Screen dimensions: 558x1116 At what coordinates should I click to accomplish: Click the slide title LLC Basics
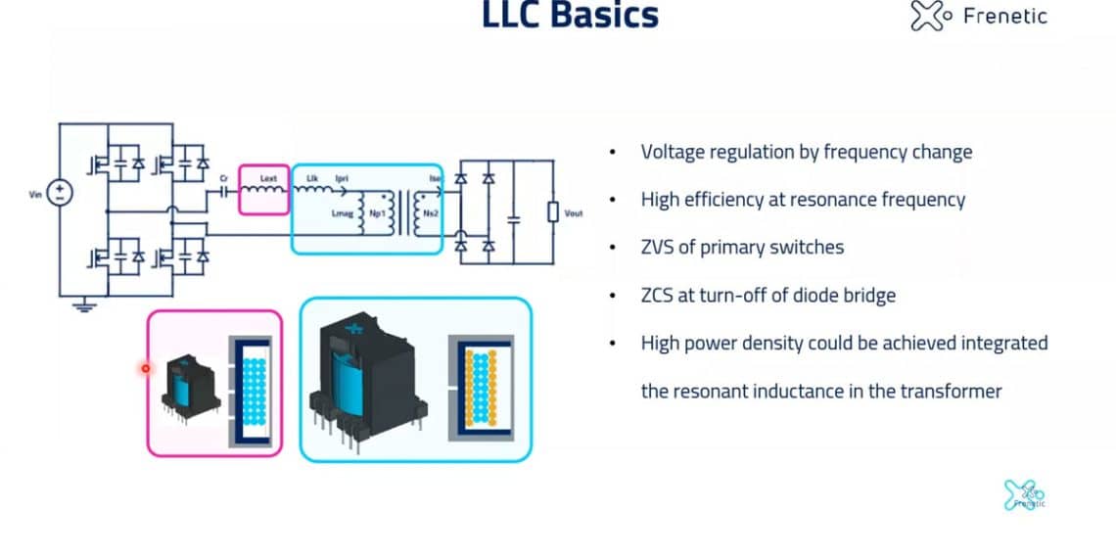tap(571, 16)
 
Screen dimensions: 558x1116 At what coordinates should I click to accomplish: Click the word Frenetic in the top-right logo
tap(1004, 16)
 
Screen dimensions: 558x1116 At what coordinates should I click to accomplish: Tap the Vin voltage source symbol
tap(60, 193)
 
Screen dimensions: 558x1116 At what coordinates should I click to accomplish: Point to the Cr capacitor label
tap(223, 178)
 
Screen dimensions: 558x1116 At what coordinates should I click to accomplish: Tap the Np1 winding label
tap(377, 211)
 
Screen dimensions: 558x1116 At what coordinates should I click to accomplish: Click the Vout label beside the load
tap(574, 212)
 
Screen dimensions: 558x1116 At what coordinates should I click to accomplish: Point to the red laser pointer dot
tap(146, 368)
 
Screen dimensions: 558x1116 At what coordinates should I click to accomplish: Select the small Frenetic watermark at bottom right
tap(1025, 495)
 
